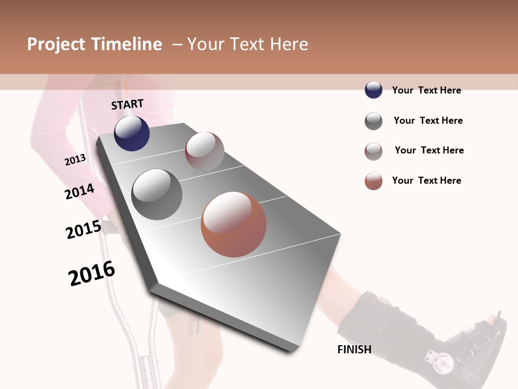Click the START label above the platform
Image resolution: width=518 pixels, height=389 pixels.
point(127,104)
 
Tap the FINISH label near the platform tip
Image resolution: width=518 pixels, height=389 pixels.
point(355,350)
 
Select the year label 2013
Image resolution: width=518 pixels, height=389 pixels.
point(75,160)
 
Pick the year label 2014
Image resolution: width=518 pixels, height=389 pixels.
point(79,191)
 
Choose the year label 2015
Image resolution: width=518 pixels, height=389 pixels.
point(84,230)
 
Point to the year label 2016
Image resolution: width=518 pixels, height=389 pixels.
point(92,273)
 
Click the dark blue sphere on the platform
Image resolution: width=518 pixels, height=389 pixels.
point(132,133)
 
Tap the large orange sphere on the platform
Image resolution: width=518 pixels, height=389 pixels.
point(234,224)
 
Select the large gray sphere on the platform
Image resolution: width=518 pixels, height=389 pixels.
point(157,194)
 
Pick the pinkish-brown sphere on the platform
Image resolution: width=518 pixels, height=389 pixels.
point(205,151)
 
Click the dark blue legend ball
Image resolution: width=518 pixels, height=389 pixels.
point(373,90)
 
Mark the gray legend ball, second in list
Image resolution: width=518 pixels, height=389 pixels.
point(373,121)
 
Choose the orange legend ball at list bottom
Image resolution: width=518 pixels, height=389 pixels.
point(373,181)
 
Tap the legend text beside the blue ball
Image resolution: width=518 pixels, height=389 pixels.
point(426,90)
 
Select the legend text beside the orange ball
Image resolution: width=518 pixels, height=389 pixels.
point(426,180)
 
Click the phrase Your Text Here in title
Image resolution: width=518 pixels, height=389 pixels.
point(248,44)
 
